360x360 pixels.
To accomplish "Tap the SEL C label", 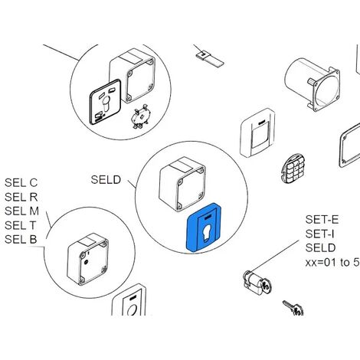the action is click(21, 183).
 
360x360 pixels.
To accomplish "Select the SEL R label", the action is click(21, 197).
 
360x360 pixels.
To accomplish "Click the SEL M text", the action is click(21, 211).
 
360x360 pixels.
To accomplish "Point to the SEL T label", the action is click(21, 225).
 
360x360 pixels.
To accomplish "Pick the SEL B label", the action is click(21, 240).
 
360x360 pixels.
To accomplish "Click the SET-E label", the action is click(322, 220).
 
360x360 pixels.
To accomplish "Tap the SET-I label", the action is click(320, 234).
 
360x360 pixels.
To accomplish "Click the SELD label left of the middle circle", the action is click(106, 180).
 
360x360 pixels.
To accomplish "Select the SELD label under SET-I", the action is click(321, 248).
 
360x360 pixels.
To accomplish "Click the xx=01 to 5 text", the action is click(332, 262).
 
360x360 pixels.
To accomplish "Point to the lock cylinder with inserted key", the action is click(257, 283).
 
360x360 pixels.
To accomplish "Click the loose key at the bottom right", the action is click(293, 308).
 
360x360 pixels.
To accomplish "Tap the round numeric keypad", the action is click(293, 169).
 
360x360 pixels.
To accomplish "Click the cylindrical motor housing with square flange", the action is click(312, 83).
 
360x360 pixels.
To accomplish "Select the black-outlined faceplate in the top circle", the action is click(105, 102).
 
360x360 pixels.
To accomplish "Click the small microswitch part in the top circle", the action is click(139, 116).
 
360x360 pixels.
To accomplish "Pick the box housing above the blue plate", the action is click(182, 184).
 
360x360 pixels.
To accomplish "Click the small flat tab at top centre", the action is click(209, 59).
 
